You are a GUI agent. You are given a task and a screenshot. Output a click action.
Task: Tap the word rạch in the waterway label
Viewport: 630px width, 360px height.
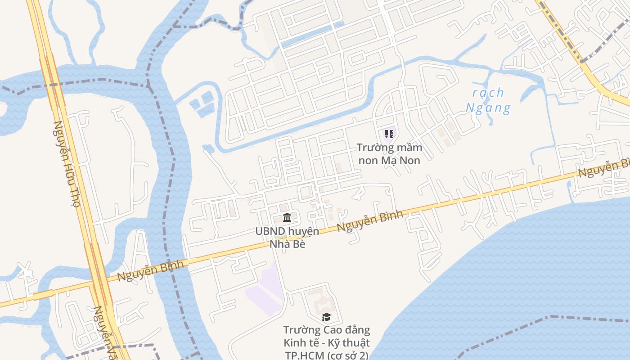tap(488, 93)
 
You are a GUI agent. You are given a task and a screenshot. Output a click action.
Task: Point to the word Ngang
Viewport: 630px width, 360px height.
tap(488, 108)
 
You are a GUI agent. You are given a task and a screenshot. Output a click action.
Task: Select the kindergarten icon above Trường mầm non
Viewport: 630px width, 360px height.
tap(389, 134)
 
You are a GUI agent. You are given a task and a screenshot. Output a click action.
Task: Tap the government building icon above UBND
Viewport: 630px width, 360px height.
tap(287, 218)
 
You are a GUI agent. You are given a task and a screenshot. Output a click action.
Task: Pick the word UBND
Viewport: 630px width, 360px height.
tap(270, 231)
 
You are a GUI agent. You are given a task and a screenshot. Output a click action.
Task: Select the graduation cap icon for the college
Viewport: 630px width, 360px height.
tap(326, 317)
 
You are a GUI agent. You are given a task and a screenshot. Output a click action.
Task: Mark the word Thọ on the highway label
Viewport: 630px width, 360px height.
tap(75, 197)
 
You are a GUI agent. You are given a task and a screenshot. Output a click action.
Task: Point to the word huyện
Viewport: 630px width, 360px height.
tap(303, 231)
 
